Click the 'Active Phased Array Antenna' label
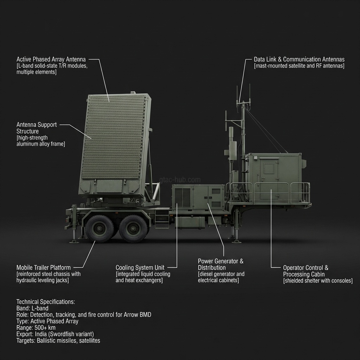point(51,59)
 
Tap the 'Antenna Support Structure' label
point(36,128)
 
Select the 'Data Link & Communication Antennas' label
point(299,59)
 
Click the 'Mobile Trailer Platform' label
point(44,268)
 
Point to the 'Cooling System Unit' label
point(140,268)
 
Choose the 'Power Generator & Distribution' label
point(220,264)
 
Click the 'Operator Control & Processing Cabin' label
point(306,271)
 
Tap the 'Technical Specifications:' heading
point(46,302)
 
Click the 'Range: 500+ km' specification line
point(36,327)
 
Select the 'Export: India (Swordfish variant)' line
point(55,334)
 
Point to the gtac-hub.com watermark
point(180,180)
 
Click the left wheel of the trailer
point(99,229)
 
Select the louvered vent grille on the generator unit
point(182,197)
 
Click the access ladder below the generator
point(161,218)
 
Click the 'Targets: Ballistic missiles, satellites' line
point(58,340)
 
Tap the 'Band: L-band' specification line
point(32,308)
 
